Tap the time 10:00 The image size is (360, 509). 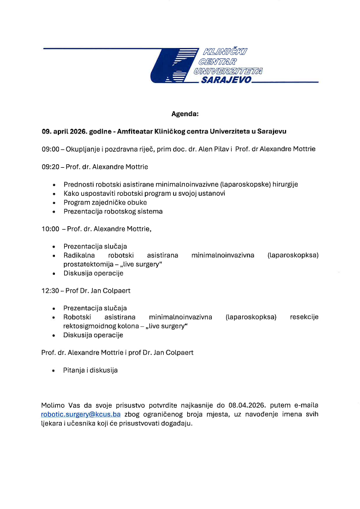tap(50, 229)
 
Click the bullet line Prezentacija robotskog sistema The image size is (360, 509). tap(113, 211)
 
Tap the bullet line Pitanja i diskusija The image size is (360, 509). tap(90, 370)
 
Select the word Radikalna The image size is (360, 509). tap(78, 255)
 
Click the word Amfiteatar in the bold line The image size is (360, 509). tap(135, 131)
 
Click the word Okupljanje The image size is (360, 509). tap(87, 149)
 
